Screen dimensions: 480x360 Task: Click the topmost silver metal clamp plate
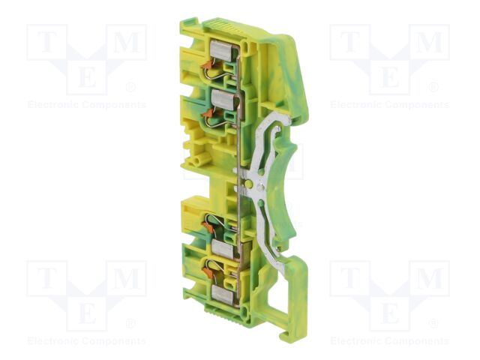pos(224,50)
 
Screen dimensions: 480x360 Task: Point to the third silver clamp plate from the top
pos(226,247)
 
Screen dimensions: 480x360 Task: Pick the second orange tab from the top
pos(208,113)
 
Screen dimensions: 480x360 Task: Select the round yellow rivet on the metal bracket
pos(249,184)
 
